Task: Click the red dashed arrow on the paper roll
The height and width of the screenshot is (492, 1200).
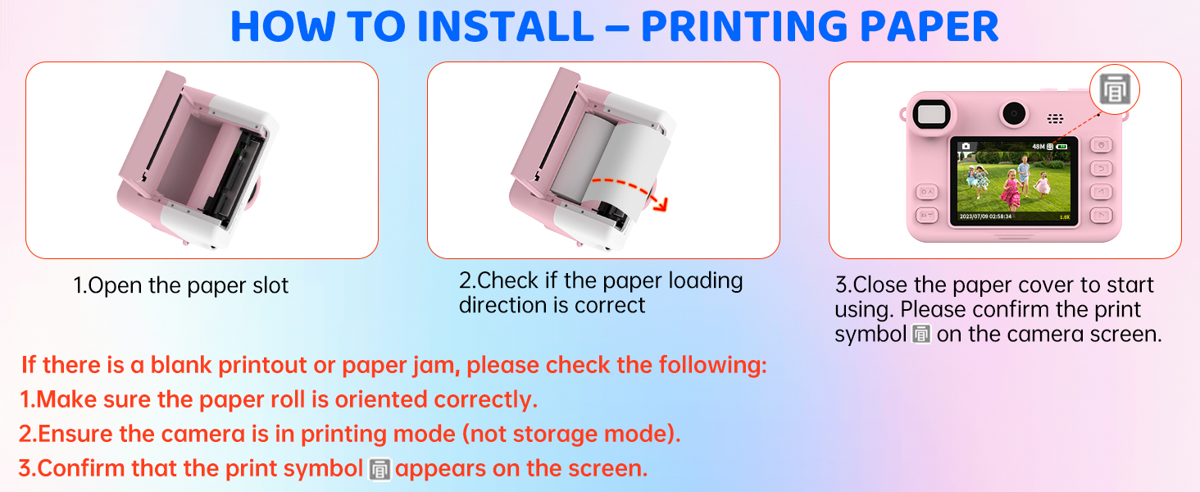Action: click(x=632, y=191)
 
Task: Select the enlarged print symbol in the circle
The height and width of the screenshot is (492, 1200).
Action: click(x=1115, y=89)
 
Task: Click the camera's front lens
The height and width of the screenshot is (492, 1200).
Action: click(x=1014, y=114)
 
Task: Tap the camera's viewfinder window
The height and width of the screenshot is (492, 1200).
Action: click(x=932, y=114)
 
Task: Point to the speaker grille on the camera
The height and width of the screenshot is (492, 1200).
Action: click(x=1056, y=118)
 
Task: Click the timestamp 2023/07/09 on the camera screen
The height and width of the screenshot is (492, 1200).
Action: click(x=977, y=216)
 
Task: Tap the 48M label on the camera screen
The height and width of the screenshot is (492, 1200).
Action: click(x=1039, y=146)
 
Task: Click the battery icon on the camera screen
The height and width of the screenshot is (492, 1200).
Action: click(x=1061, y=146)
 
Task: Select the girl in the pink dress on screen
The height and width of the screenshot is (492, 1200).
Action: click(x=1011, y=190)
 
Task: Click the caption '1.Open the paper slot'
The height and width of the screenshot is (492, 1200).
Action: click(x=180, y=285)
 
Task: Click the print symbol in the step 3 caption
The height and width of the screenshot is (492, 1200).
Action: click(x=921, y=335)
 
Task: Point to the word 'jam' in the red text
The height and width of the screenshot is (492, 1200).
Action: click(x=436, y=367)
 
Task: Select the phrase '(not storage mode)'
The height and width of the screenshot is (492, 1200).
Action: click(x=571, y=434)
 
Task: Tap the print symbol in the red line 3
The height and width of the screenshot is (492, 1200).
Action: click(x=380, y=470)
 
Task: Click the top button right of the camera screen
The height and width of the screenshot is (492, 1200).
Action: click(x=1101, y=144)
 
